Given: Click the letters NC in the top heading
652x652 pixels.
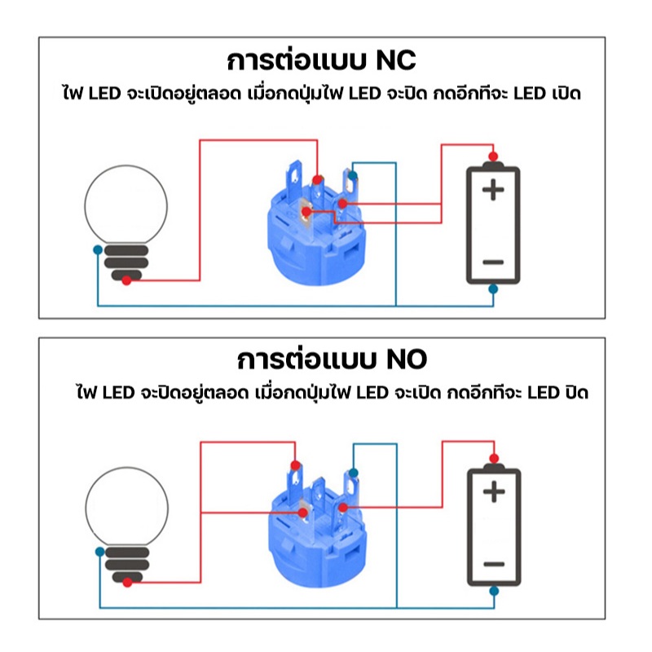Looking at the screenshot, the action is click(395, 60).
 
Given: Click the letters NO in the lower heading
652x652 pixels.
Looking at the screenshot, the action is click(406, 359).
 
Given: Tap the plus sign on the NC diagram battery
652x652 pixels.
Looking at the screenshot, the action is click(493, 190).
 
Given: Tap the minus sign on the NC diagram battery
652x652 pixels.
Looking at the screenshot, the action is click(493, 262).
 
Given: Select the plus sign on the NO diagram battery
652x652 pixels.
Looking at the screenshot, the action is click(494, 491).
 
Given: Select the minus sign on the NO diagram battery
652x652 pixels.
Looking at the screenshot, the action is click(494, 564).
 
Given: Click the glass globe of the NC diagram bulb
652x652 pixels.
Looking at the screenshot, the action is click(126, 205).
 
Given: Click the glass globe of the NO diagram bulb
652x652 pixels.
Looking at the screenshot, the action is click(127, 506).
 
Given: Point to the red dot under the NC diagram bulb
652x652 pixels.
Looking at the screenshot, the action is click(127, 280).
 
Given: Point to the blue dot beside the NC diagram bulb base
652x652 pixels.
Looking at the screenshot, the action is click(98, 250).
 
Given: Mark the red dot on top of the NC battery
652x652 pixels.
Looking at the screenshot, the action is click(493, 156).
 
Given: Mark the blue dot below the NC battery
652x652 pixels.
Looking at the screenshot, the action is click(493, 289).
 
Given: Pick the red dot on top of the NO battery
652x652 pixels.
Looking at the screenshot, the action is click(494, 459).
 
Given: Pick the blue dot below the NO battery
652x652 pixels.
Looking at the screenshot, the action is click(494, 591).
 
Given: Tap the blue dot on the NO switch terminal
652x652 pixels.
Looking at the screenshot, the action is click(354, 473).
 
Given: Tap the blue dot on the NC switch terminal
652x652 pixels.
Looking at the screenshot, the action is click(353, 175).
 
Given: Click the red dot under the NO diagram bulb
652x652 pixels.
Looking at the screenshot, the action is click(128, 583).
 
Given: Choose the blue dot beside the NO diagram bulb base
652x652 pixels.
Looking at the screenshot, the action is click(99, 552).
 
